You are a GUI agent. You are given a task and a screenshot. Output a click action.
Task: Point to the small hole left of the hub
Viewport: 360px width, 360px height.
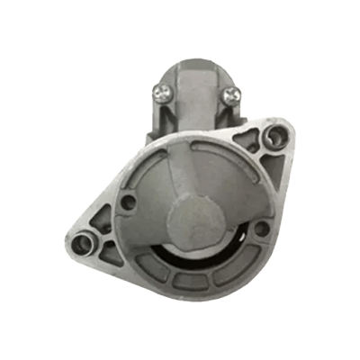(x=128, y=202)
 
